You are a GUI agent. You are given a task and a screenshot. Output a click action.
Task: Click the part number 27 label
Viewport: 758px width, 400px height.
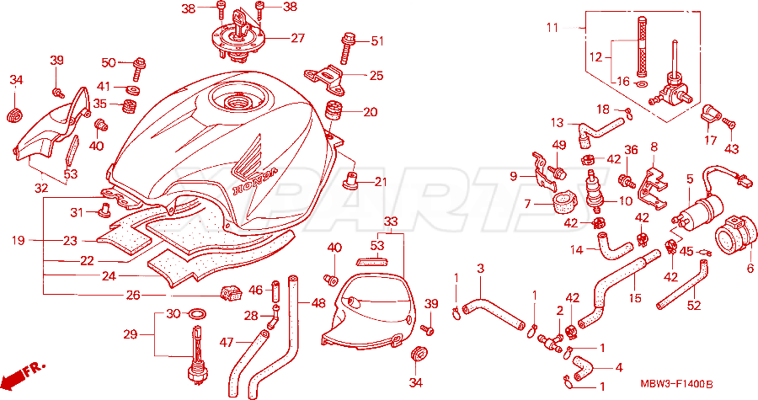(298, 38)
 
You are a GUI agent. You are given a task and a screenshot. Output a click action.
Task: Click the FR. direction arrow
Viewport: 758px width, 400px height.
(22, 374)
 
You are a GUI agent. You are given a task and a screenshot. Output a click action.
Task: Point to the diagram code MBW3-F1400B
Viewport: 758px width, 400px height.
(676, 385)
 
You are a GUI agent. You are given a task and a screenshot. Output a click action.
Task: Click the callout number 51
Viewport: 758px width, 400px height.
(376, 41)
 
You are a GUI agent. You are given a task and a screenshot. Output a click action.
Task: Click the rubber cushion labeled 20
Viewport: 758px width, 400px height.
(331, 112)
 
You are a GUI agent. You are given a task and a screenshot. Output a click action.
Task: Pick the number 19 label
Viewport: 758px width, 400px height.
(19, 240)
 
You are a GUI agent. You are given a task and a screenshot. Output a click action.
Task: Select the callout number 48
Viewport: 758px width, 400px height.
(318, 303)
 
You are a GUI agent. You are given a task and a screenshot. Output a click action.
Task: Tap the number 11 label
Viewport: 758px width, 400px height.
(552, 28)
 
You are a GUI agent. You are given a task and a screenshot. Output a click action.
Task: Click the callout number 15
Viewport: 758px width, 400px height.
(635, 298)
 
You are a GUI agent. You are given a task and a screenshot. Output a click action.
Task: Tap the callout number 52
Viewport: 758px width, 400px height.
(694, 306)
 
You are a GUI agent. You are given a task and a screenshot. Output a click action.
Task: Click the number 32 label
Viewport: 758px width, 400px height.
(41, 188)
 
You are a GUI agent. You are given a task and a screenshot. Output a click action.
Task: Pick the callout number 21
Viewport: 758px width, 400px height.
(381, 182)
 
